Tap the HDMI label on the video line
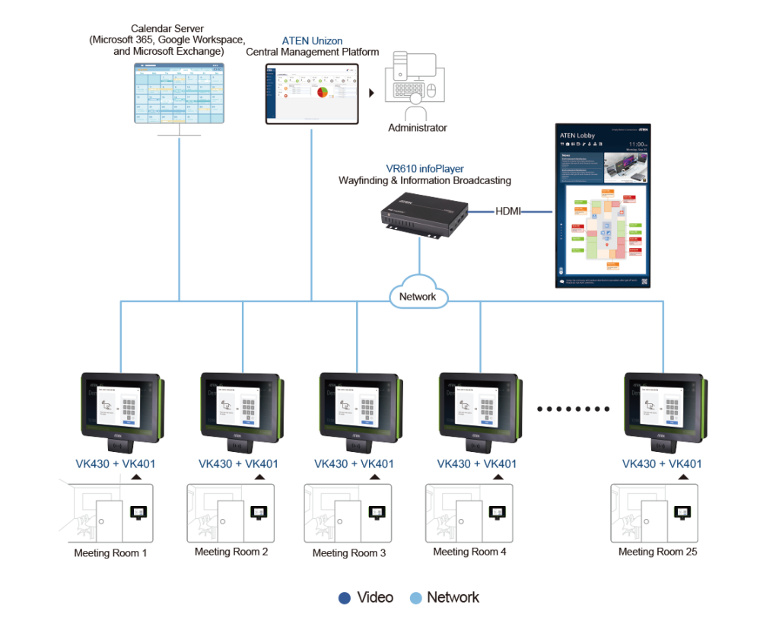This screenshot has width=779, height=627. (x=508, y=211)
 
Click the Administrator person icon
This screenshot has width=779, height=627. (x=415, y=107)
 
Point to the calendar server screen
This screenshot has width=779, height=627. (x=180, y=93)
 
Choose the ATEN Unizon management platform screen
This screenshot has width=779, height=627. (x=312, y=93)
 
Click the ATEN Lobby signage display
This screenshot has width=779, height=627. (x=602, y=205)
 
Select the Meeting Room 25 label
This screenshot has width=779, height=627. (x=657, y=552)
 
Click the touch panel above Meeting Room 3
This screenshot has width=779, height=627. (x=358, y=407)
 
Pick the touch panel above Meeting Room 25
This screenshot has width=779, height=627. (x=662, y=407)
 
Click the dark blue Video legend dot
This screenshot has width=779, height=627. (x=344, y=598)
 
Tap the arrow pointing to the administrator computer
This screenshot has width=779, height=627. (x=372, y=93)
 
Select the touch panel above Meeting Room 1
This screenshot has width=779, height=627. (x=120, y=407)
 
